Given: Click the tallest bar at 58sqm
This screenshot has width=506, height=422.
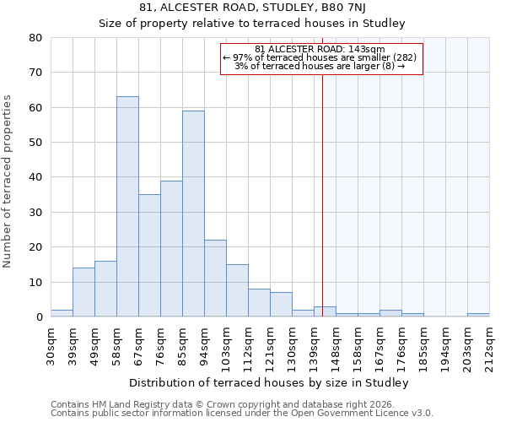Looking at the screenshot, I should coord(127,207).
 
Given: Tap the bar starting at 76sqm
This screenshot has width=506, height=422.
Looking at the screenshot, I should coord(171,249).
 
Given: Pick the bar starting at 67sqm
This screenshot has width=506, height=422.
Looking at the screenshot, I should coord(149,256).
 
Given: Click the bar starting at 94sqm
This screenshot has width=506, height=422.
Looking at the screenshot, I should coord(215,279).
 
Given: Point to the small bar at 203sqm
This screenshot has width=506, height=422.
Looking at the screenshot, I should coord(478,315).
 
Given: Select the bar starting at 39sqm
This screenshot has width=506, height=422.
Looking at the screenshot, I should coord(83,292).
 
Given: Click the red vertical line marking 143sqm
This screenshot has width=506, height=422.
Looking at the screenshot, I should coord(322,194).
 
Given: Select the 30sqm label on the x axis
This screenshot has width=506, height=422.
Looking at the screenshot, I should coord(51,344).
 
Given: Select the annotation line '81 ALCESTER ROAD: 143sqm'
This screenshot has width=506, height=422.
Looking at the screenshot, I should coord(320,49).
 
